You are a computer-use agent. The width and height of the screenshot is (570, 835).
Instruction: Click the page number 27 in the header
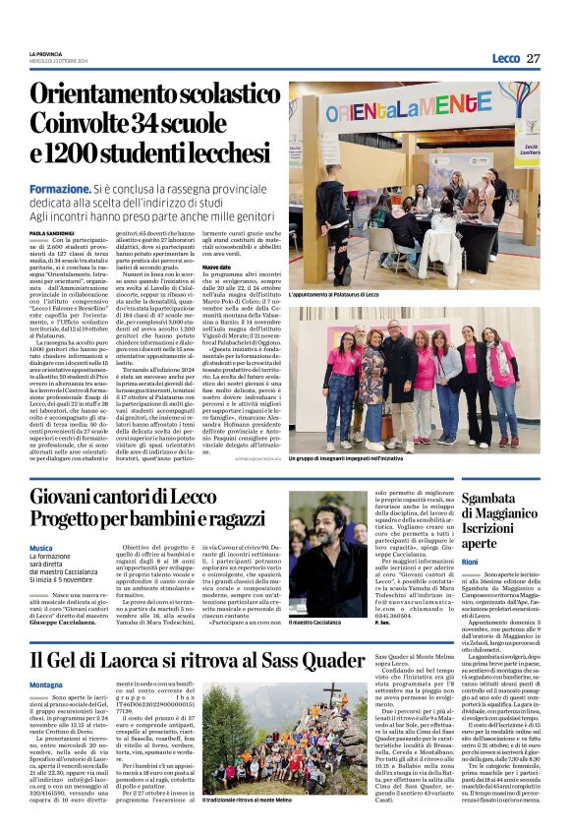pyautogui.click(x=532, y=58)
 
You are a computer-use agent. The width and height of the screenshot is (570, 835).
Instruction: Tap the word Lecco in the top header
pyautogui.click(x=504, y=58)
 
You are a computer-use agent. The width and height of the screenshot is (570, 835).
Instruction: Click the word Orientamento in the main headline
pyautogui.click(x=102, y=94)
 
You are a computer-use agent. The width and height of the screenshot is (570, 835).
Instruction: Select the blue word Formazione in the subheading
pyautogui.click(x=60, y=187)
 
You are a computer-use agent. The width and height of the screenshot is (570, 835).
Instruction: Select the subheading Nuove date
pyautogui.click(x=216, y=267)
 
